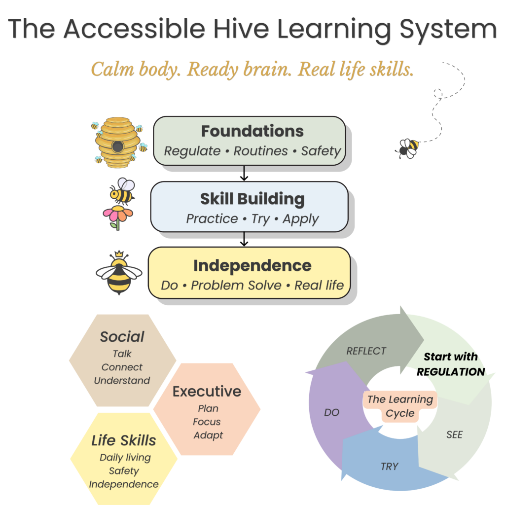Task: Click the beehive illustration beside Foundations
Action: [117, 141]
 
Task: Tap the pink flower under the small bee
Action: [118, 216]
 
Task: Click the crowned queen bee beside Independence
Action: [119, 273]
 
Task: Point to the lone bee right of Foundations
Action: [409, 148]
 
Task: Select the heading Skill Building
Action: [252, 199]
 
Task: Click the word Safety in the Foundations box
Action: [321, 151]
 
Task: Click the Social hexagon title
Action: [122, 337]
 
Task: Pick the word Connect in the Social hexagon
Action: [122, 367]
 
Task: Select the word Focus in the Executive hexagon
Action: [207, 422]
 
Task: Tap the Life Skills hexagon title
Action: [124, 440]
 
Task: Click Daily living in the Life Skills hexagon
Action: [125, 458]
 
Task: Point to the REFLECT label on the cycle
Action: [366, 351]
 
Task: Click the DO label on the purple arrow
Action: [332, 412]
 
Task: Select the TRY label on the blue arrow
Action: [389, 467]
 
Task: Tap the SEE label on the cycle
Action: [454, 434]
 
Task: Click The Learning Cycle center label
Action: [400, 406]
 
